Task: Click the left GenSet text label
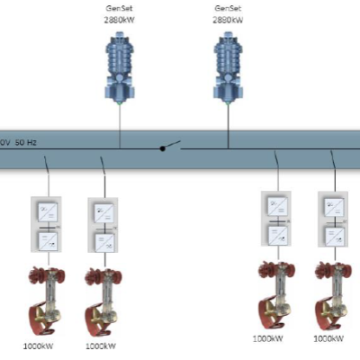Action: click(x=120, y=7)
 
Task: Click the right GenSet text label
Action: click(x=228, y=7)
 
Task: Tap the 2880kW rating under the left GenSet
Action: click(x=120, y=17)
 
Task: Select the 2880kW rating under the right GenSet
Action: click(x=228, y=17)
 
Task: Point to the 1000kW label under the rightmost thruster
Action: click(x=329, y=339)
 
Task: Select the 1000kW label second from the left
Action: click(x=102, y=344)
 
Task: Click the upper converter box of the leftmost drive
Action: click(x=44, y=212)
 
